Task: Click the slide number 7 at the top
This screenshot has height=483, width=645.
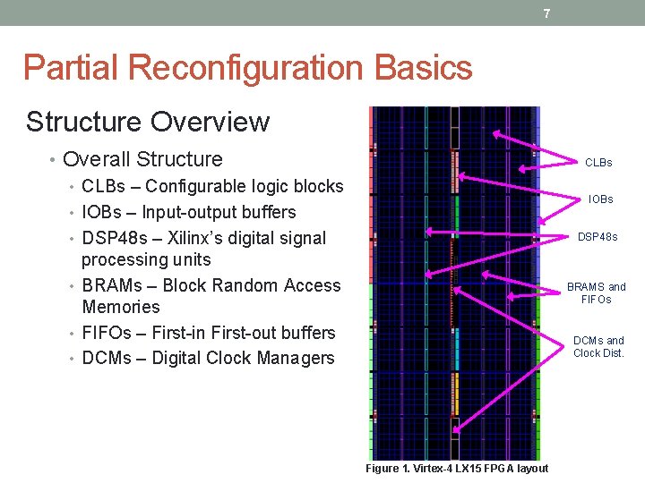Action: pyautogui.click(x=546, y=13)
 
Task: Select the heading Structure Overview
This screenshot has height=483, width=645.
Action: pyautogui.click(x=148, y=122)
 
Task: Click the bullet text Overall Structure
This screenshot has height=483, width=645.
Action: pyautogui.click(x=143, y=159)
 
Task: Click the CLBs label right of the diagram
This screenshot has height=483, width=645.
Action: pyautogui.click(x=598, y=163)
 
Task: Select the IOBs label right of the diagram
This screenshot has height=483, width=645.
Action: pyautogui.click(x=600, y=199)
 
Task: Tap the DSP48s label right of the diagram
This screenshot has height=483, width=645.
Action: pyautogui.click(x=597, y=238)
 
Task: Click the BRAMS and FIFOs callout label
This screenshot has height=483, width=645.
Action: pyautogui.click(x=596, y=293)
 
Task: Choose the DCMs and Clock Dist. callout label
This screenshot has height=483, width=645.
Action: pyautogui.click(x=598, y=346)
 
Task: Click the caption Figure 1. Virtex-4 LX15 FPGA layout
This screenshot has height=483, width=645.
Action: pyautogui.click(x=457, y=469)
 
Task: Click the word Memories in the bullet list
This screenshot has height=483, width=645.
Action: pyautogui.click(x=121, y=307)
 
